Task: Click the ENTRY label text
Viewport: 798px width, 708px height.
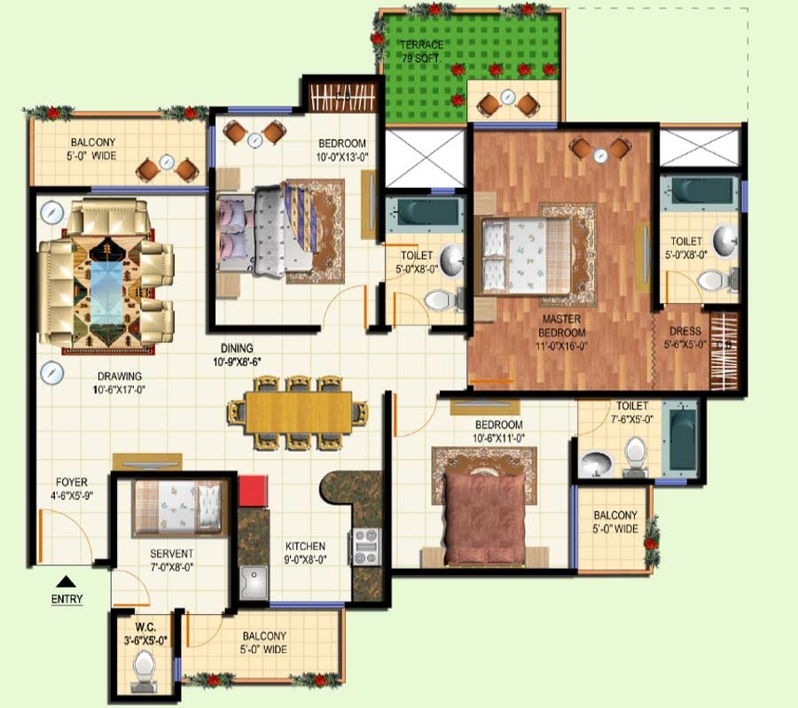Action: click(66, 599)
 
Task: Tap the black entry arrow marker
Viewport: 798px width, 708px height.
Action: click(66, 582)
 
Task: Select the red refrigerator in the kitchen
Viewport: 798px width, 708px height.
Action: click(253, 491)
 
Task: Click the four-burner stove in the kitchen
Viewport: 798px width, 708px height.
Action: click(365, 547)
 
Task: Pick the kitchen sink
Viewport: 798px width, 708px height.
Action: click(254, 583)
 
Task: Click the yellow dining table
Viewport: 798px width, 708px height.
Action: click(299, 412)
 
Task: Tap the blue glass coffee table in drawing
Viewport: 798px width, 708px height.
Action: click(106, 294)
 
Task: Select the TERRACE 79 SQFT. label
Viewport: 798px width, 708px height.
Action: click(421, 51)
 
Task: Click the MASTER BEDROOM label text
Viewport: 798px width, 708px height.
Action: click(561, 326)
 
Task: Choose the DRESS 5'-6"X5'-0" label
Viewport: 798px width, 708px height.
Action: click(685, 338)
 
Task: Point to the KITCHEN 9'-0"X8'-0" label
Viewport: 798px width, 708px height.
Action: click(305, 553)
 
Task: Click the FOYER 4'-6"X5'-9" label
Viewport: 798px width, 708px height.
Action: click(72, 488)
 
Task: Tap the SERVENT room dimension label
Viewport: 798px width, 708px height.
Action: click(171, 567)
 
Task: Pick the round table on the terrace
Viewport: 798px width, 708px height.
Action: click(507, 97)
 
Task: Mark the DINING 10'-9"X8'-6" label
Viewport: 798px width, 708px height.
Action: click(237, 355)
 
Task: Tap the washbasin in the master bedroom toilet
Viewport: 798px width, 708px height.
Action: click(724, 240)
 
